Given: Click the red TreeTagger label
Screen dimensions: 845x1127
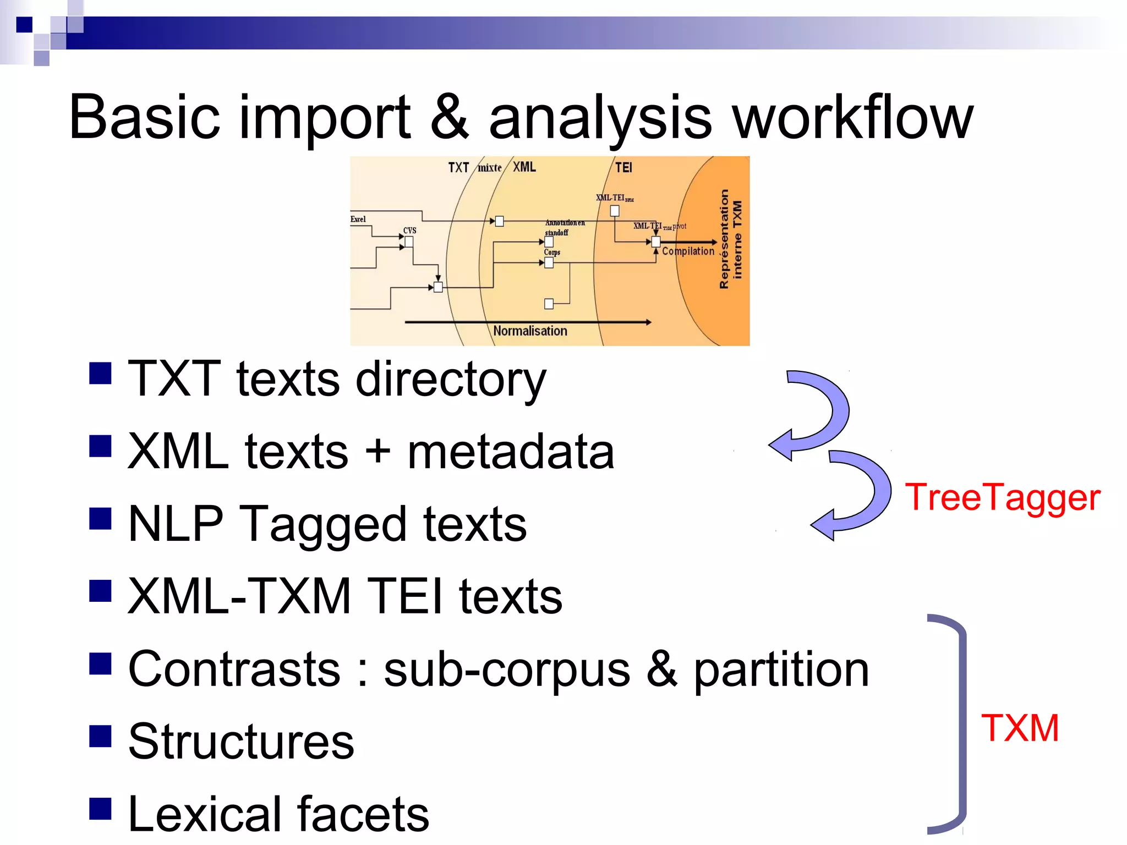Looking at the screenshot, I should [x=1002, y=498].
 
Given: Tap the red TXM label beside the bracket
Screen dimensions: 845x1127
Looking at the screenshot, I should [x=1020, y=728].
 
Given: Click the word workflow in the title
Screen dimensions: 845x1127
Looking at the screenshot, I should [x=854, y=117].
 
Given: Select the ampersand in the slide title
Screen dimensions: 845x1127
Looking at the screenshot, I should [x=450, y=117].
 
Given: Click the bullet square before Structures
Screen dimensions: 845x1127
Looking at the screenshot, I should [x=100, y=736].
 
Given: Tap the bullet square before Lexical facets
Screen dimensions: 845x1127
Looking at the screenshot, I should [x=100, y=809].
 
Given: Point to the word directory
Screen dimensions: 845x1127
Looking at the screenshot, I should [x=451, y=380].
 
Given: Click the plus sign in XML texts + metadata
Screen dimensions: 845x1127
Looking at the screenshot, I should [x=378, y=451].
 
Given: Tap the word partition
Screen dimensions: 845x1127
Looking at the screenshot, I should [x=781, y=670].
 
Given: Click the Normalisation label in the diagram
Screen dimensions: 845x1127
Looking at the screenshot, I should [x=530, y=331].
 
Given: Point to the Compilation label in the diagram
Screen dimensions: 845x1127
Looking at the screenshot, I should [x=688, y=251].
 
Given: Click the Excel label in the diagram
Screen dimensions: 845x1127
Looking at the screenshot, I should [x=358, y=219].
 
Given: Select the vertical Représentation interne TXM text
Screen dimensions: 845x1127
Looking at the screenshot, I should [x=730, y=239].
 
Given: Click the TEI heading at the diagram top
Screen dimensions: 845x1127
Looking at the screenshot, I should [x=623, y=167].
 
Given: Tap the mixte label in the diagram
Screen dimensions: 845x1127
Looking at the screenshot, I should [x=489, y=168].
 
